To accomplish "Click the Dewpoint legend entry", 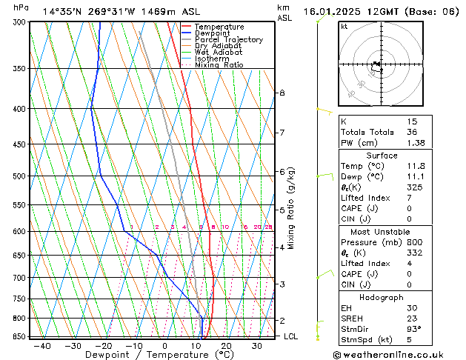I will click(x=211, y=33).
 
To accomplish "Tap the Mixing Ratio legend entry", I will click(x=219, y=65).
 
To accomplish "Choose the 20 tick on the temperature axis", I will click(x=226, y=346).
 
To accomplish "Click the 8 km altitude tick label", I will click(x=282, y=93).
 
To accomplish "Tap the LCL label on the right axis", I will click(x=292, y=336).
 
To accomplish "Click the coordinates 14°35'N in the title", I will click(x=63, y=12).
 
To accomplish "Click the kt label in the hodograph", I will click(x=344, y=26).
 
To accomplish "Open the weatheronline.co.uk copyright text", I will click(x=398, y=354).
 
